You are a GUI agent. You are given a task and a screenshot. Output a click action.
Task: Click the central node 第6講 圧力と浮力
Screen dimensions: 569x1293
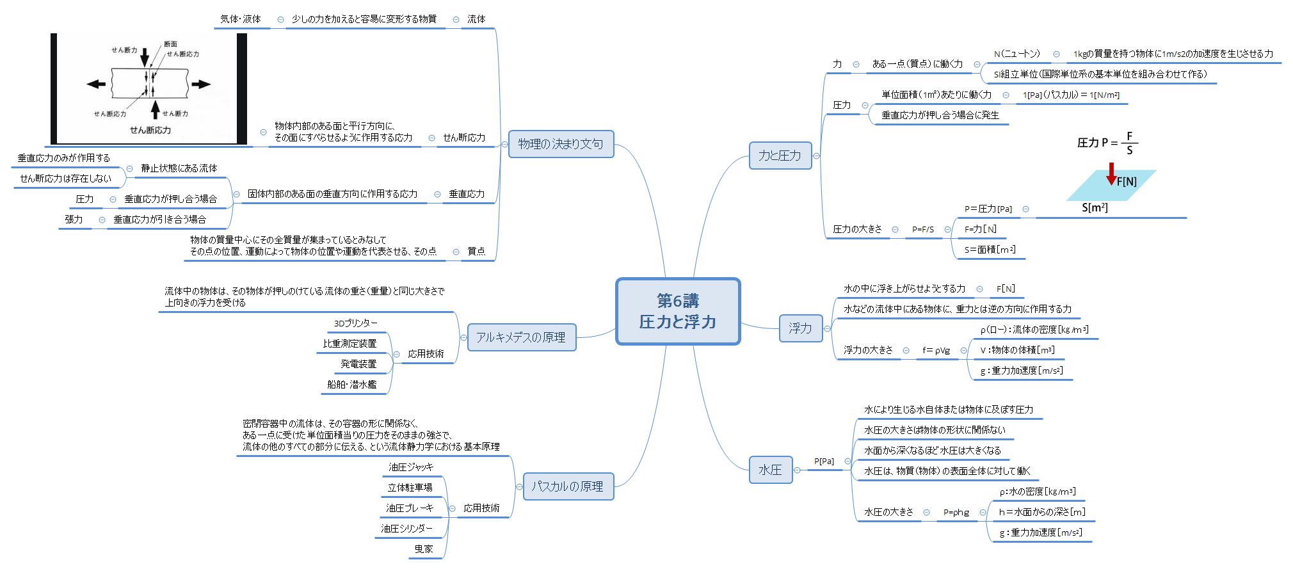[678, 312]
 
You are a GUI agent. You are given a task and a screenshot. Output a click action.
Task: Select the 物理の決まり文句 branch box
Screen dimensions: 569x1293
[561, 144]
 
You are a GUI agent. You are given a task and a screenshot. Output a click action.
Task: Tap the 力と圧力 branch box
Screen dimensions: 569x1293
[780, 156]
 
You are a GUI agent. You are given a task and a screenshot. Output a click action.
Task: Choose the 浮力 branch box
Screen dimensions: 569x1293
[800, 328]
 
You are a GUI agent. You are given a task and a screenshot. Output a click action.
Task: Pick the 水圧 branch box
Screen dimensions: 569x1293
[770, 470]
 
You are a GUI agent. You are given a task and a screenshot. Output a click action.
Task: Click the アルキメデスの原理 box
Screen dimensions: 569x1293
[521, 337]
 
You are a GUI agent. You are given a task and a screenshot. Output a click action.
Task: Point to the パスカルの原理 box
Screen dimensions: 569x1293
[567, 486]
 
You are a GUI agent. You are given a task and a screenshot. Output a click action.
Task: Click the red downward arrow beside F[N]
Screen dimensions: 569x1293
[1111, 173]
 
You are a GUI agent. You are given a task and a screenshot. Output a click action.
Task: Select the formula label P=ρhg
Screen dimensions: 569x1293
[956, 512]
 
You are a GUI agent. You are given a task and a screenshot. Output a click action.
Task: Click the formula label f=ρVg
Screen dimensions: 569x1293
[936, 350]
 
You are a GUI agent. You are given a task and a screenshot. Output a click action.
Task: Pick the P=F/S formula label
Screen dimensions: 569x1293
[923, 229]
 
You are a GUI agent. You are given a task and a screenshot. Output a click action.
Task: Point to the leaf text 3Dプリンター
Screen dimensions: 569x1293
[356, 323]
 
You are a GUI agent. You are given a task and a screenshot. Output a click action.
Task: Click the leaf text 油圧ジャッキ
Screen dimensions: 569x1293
[411, 467]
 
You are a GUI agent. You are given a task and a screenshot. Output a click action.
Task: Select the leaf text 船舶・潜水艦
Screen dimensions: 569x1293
[352, 385]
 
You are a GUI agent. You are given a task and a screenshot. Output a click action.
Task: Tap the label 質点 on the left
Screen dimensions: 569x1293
[476, 252]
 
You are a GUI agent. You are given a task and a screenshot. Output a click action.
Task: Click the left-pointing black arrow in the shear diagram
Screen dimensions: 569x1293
[96, 84]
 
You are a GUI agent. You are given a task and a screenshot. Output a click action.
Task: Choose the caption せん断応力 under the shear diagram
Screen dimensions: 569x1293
[150, 130]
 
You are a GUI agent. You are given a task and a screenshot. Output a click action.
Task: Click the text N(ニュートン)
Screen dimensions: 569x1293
[1017, 54]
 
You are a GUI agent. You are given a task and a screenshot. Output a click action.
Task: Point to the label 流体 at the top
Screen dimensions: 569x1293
[476, 19]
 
